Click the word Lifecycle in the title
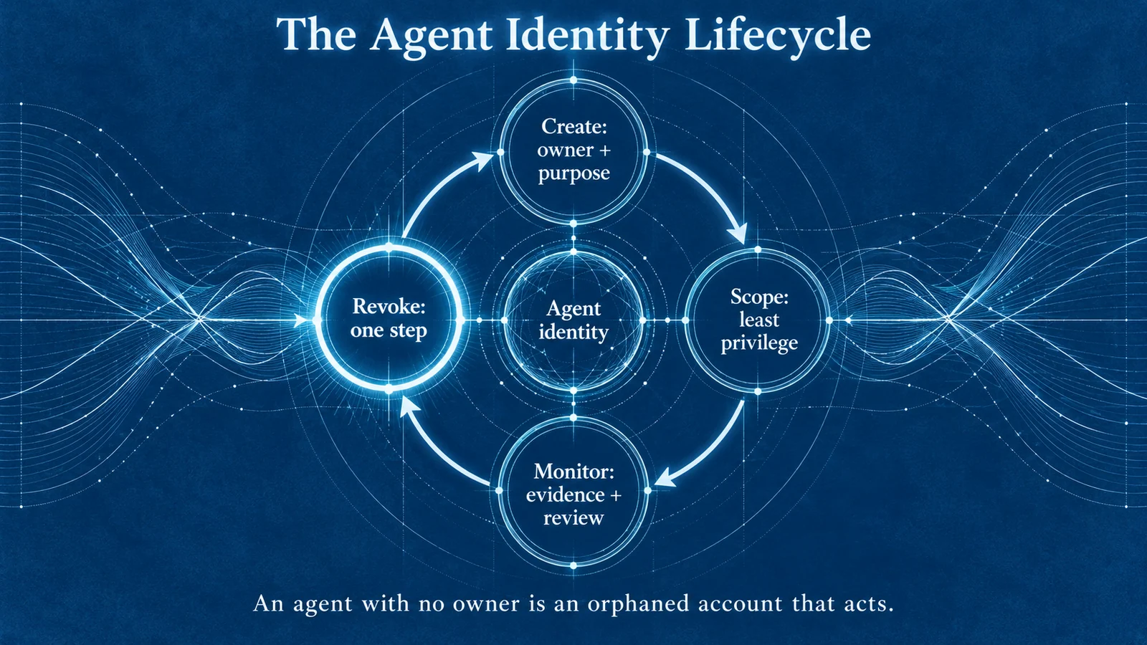[x=777, y=37]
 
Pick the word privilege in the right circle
[x=759, y=343]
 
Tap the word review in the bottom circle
[x=573, y=518]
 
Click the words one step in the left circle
[x=389, y=330]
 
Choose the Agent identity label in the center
[x=573, y=320]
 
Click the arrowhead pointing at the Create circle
[x=483, y=160]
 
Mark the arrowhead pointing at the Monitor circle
[x=664, y=479]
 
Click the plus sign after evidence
[x=615, y=495]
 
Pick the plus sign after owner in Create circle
[x=605, y=150]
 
